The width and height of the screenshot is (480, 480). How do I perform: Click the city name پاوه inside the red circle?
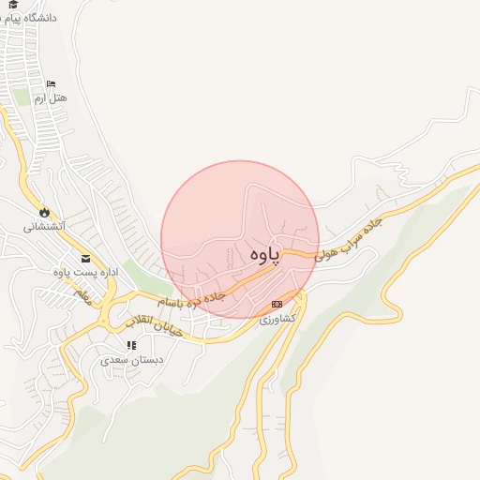tap(266, 255)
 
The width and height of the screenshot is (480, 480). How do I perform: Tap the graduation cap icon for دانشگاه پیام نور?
tap(14, 4)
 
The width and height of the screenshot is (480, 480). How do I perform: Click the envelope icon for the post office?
tap(86, 259)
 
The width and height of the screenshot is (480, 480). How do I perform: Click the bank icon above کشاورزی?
tap(277, 304)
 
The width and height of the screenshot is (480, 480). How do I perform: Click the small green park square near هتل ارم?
tap(22, 97)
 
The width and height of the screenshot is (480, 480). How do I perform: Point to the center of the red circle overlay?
tap(240, 240)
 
